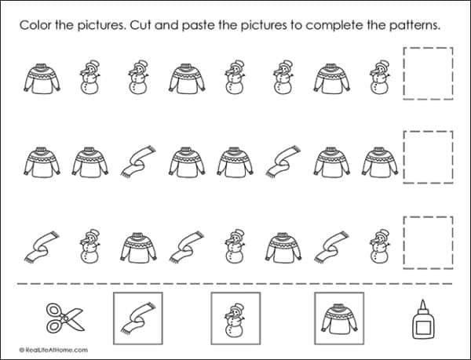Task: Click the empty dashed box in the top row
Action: tap(427, 74)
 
